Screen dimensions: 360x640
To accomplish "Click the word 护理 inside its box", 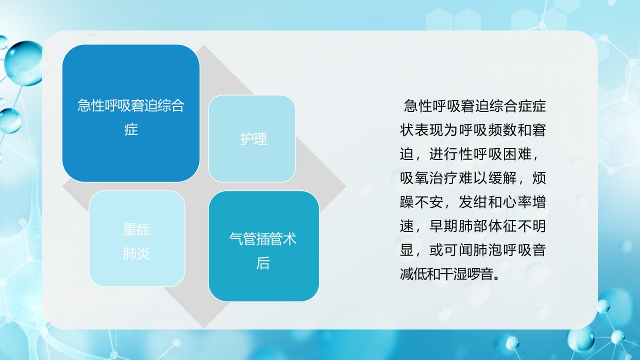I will (x=253, y=139).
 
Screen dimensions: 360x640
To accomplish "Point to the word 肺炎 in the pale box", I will (x=136, y=253).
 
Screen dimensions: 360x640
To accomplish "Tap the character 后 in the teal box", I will (x=263, y=263).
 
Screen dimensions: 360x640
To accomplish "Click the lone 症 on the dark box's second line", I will (x=131, y=130).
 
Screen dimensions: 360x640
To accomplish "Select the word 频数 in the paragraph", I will (x=495, y=130).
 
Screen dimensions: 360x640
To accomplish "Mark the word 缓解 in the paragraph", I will (x=502, y=178).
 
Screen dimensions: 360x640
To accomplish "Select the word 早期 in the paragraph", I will (x=443, y=226).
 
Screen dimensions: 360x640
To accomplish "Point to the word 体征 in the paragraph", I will (x=502, y=226).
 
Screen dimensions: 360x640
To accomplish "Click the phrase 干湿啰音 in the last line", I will (x=472, y=274).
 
